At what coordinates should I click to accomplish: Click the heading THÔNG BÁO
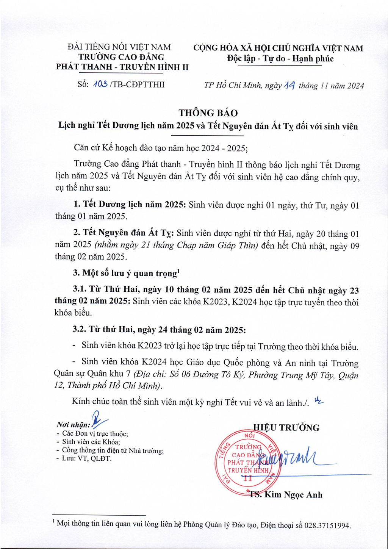click(208, 113)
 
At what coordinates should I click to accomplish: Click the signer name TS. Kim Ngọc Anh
click(286, 494)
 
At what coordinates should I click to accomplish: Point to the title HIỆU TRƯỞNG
click(286, 428)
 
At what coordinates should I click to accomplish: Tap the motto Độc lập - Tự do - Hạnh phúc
click(280, 59)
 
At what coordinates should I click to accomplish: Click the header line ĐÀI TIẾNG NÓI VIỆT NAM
click(119, 47)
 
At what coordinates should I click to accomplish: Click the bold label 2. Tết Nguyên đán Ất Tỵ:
click(124, 233)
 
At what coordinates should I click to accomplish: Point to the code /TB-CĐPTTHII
click(137, 84)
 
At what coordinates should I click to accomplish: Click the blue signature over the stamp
click(299, 458)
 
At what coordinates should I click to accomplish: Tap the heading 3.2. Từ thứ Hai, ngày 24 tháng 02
click(159, 330)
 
